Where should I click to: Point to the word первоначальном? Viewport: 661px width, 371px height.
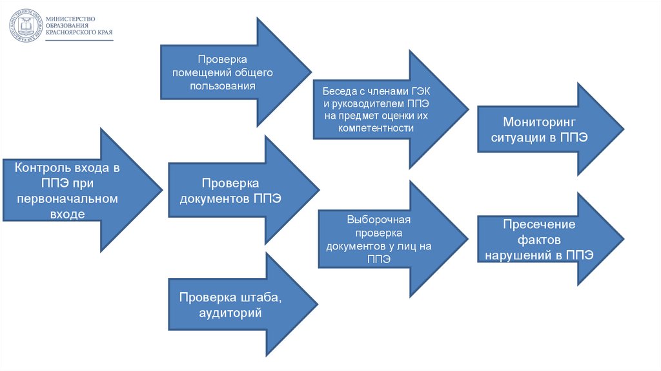click(68, 199)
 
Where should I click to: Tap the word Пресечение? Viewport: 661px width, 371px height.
click(540, 224)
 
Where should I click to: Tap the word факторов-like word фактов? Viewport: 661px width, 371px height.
click(540, 240)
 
